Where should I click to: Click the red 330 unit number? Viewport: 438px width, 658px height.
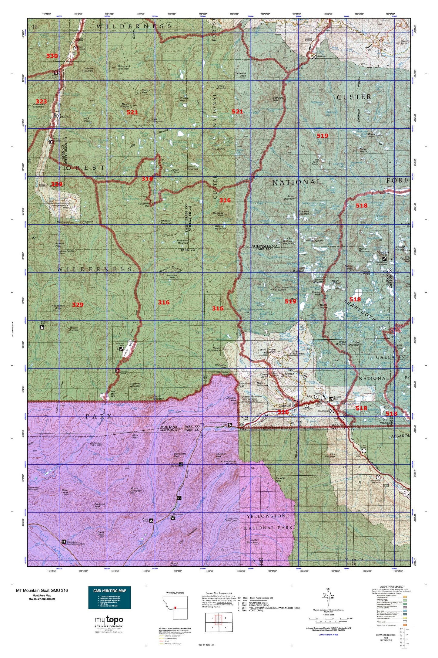pyautogui.click(x=52, y=56)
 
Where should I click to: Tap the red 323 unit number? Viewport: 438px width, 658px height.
pyautogui.click(x=42, y=101)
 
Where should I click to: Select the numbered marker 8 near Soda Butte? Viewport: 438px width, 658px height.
pyautogui.click(x=307, y=405)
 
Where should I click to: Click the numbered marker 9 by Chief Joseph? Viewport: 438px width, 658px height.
pyautogui.click(x=332, y=411)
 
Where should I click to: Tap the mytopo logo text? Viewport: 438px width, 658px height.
pyautogui.click(x=109, y=620)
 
